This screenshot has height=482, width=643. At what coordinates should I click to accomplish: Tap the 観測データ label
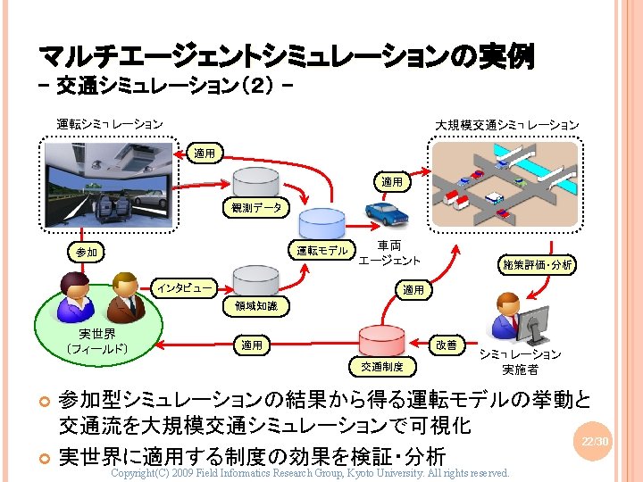point(255,208)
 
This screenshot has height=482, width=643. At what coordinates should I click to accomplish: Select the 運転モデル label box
point(322,251)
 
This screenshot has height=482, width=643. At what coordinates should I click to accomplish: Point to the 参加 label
point(87,253)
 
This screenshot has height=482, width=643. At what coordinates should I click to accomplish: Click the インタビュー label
point(185,287)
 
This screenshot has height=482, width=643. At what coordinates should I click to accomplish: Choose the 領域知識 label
point(255,306)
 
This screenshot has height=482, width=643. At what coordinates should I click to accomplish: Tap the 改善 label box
point(446,345)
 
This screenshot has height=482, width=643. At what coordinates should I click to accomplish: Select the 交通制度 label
point(381,366)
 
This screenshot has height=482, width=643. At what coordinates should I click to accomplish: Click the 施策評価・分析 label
point(537,264)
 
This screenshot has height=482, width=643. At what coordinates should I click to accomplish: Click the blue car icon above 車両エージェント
point(388,215)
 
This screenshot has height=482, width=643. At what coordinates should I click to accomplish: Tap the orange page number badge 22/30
point(595,442)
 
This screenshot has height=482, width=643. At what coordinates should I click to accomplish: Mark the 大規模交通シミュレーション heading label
point(506,124)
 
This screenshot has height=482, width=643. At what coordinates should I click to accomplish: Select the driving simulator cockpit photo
point(108,182)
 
